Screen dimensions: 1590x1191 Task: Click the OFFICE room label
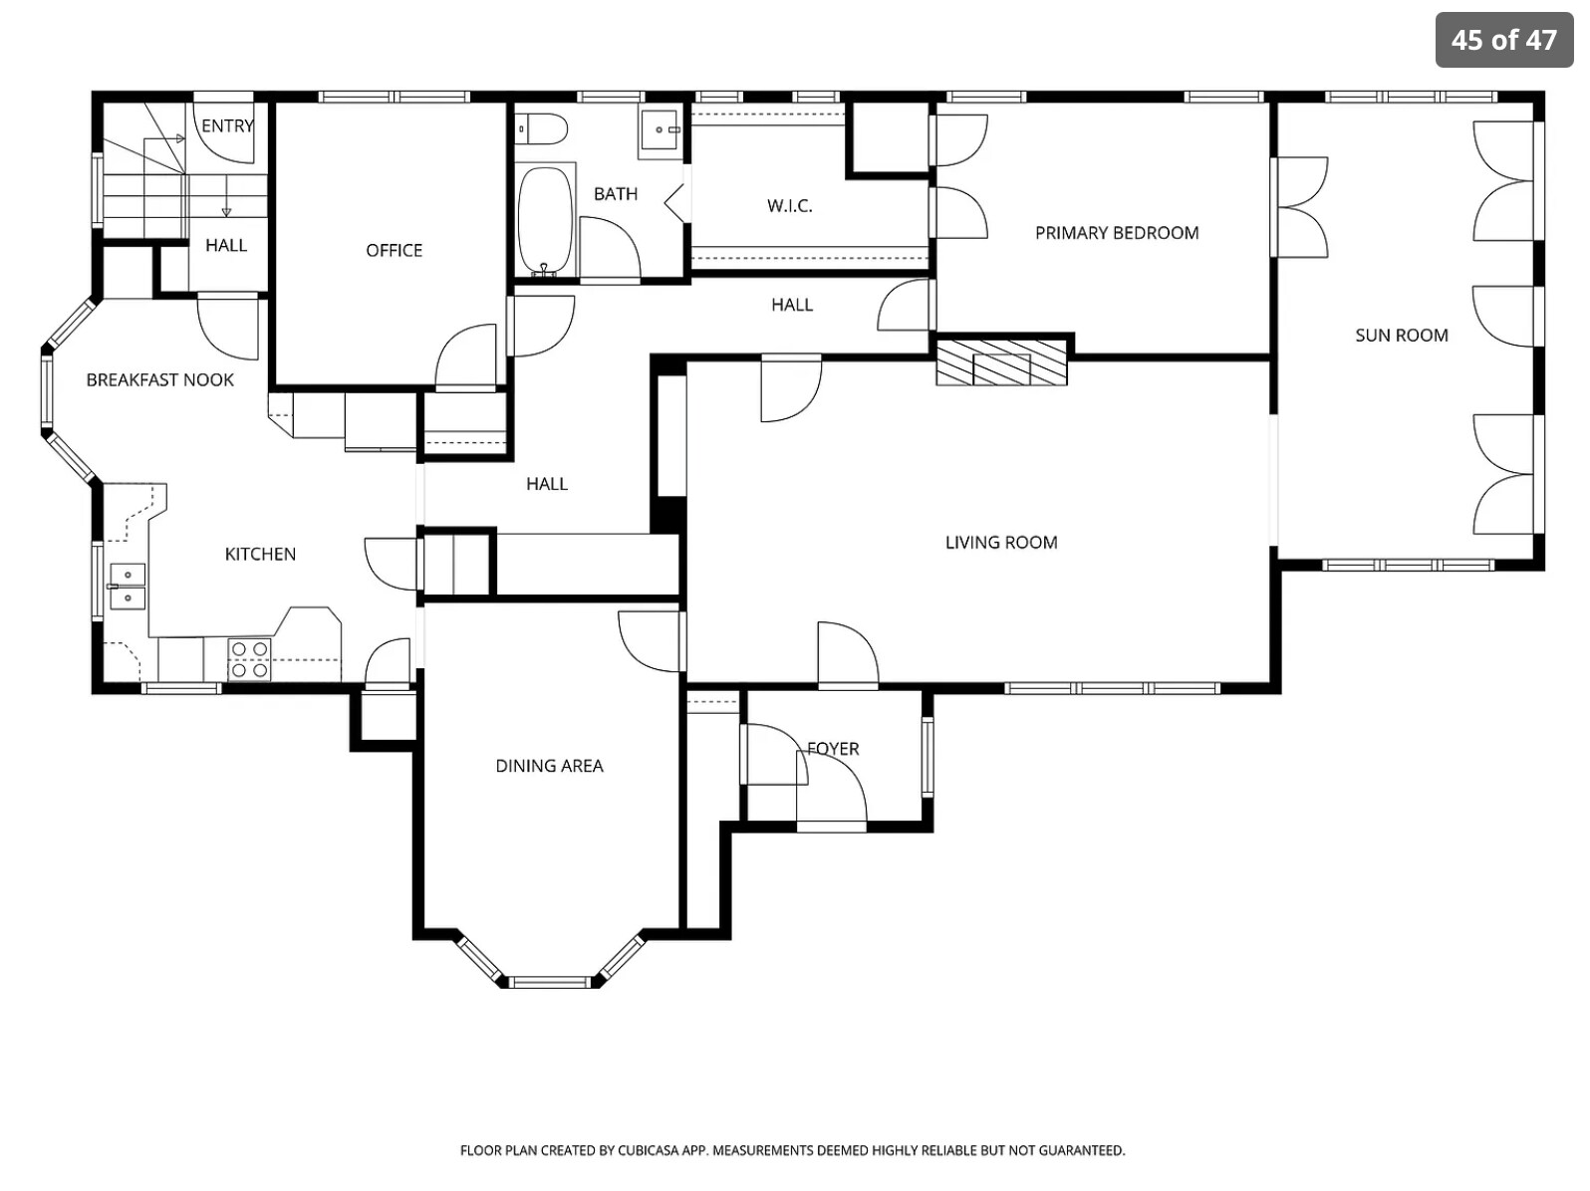(394, 251)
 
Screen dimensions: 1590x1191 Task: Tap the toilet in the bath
(542, 128)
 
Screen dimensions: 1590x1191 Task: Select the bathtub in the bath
(546, 220)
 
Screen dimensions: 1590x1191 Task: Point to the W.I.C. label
(790, 206)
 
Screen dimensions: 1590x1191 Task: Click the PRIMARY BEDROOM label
(1116, 233)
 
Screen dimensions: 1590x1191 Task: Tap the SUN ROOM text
(1402, 336)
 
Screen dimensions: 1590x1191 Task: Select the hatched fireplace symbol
(1001, 362)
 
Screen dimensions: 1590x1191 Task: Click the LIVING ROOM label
(1001, 543)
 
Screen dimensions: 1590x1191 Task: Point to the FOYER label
(833, 749)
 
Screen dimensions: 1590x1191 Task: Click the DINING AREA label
(549, 766)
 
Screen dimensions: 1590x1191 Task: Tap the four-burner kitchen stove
(249, 659)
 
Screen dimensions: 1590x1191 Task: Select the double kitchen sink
(127, 587)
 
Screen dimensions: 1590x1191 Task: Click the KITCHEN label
(260, 555)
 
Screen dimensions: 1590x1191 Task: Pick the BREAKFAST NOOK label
(160, 380)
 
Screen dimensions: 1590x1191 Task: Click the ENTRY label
(227, 126)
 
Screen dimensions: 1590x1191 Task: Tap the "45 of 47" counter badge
(1503, 40)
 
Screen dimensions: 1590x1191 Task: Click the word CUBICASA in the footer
(652, 1150)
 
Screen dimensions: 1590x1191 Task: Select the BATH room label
(616, 194)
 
